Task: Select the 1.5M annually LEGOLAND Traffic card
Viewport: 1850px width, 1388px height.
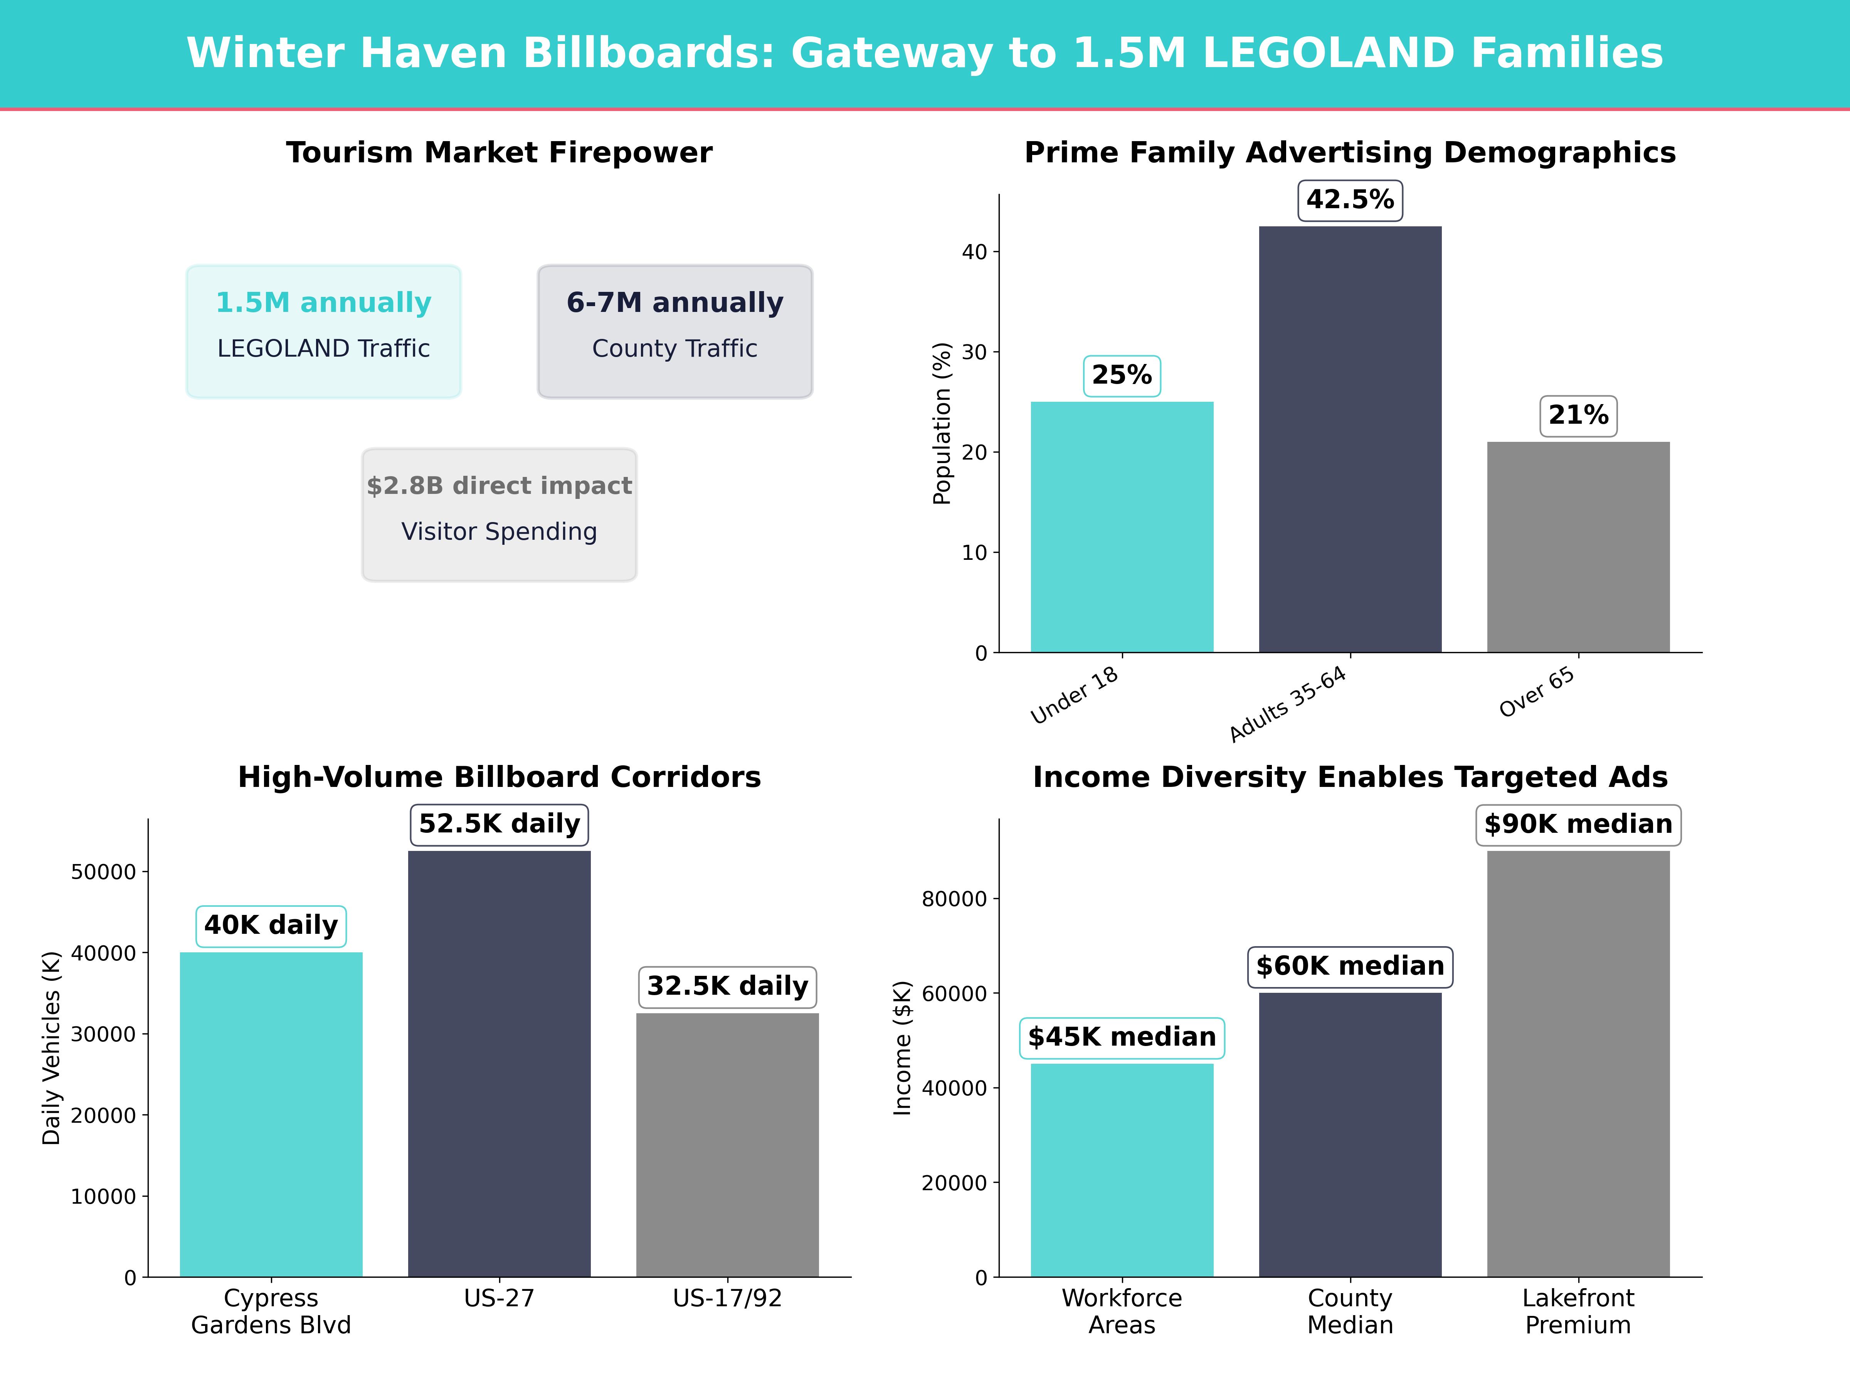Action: pyautogui.click(x=324, y=331)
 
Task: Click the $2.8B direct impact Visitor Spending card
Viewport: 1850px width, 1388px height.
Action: pyautogui.click(x=499, y=515)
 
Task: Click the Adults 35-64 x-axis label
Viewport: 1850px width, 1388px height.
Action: pyautogui.click(x=1288, y=704)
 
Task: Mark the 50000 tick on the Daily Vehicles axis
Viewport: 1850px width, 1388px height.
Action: pyautogui.click(x=103, y=872)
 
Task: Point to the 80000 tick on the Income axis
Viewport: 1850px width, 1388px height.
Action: pyautogui.click(x=954, y=900)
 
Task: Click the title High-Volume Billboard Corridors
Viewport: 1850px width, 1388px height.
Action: pyautogui.click(x=499, y=777)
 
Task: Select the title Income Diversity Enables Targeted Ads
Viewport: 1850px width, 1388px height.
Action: pyautogui.click(x=1350, y=777)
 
